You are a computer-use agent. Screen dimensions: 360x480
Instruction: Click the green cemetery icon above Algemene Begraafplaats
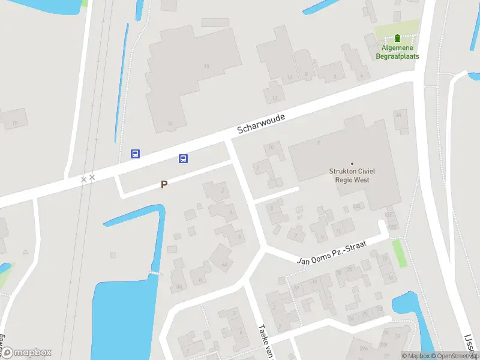click(398, 38)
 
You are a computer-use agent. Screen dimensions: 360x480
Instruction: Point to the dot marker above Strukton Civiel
click(352, 163)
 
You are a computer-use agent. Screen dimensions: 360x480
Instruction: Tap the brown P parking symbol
click(164, 185)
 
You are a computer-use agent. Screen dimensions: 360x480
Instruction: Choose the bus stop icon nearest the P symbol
click(183, 158)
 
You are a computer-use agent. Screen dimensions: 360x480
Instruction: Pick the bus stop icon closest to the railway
click(136, 154)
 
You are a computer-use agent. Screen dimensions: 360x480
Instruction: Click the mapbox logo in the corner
click(27, 353)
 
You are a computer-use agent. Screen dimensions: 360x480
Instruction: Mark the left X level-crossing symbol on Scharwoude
click(84, 179)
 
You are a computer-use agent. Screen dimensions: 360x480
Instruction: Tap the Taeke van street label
click(264, 342)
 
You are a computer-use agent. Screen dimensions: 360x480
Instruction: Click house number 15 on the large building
click(207, 65)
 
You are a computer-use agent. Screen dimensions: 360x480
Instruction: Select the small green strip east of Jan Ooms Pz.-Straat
click(399, 253)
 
